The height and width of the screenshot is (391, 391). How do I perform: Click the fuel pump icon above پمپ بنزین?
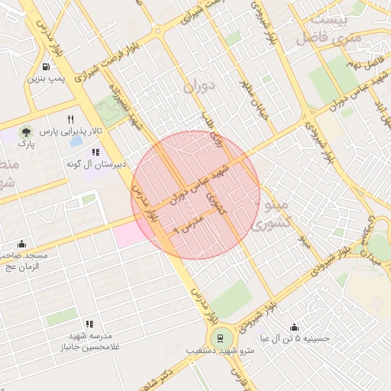click(x=47, y=66)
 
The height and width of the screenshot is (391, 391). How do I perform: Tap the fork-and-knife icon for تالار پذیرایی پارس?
click(x=70, y=119)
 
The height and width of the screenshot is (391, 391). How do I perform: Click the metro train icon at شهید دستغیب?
click(x=220, y=338)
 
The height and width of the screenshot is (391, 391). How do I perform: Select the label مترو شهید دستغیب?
click(x=218, y=352)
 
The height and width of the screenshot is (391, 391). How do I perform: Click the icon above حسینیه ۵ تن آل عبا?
click(x=294, y=325)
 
